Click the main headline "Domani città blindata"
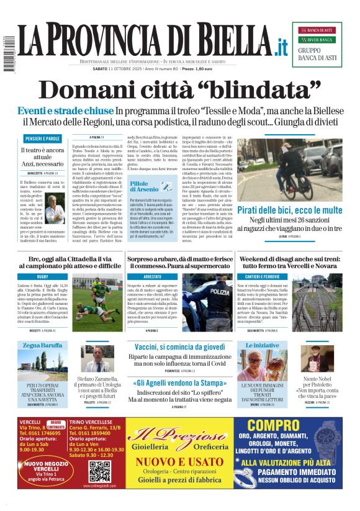pos(180,90)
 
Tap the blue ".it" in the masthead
pos(281,47)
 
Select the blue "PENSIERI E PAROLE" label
pos(43,138)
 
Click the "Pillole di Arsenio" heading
pos(144,185)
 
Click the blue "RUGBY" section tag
pos(43,276)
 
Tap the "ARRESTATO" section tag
pos(152,276)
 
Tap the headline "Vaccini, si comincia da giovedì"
pos(179,346)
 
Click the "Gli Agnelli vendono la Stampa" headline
pos(179,383)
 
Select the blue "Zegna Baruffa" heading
pos(43,345)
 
